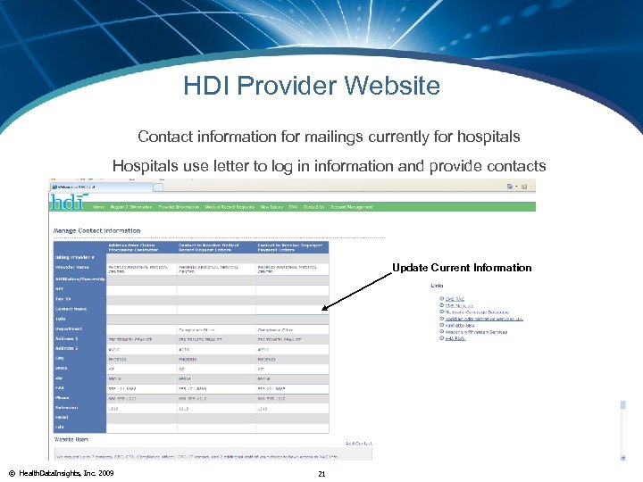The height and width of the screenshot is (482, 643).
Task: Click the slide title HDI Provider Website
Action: (x=312, y=86)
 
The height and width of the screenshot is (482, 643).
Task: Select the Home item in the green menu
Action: (x=99, y=207)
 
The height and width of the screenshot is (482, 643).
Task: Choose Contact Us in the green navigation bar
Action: (x=313, y=207)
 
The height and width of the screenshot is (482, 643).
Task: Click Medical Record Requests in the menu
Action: (x=230, y=207)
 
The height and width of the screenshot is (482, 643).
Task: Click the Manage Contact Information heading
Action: (x=98, y=230)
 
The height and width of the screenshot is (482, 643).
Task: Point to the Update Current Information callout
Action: (x=461, y=268)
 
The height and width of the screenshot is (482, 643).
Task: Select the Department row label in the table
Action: (x=71, y=328)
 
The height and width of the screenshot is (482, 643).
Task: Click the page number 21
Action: (x=321, y=473)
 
